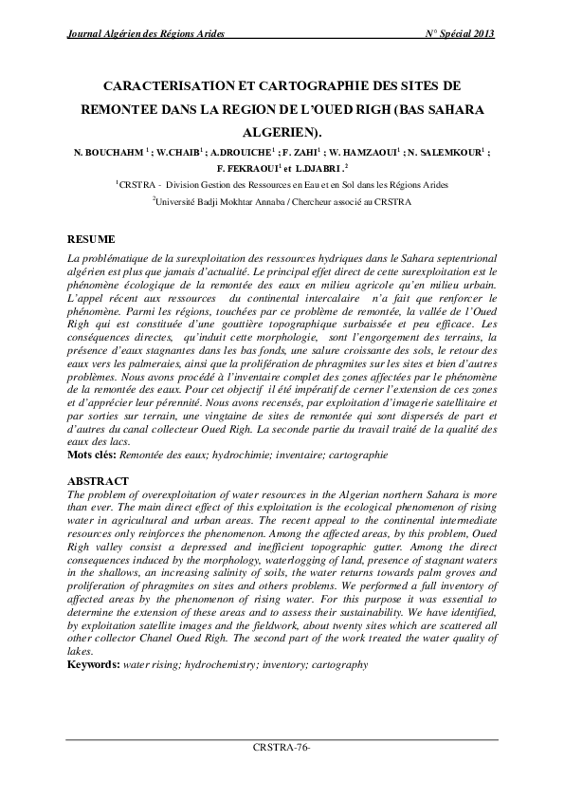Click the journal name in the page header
click(x=142, y=34)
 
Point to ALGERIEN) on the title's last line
click(x=282, y=132)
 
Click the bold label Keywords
click(x=92, y=665)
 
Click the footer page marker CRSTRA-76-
click(x=282, y=748)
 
